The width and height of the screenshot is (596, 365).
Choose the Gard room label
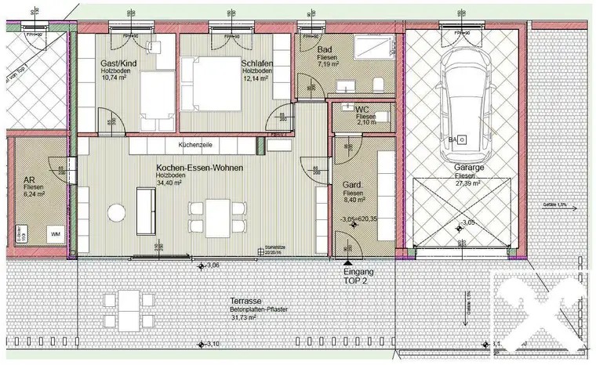click(351, 184)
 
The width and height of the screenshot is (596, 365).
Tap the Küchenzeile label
click(195, 146)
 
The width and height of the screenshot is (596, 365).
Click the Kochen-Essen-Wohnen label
click(199, 168)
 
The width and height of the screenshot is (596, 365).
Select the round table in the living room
click(117, 212)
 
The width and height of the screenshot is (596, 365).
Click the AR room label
click(29, 180)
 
